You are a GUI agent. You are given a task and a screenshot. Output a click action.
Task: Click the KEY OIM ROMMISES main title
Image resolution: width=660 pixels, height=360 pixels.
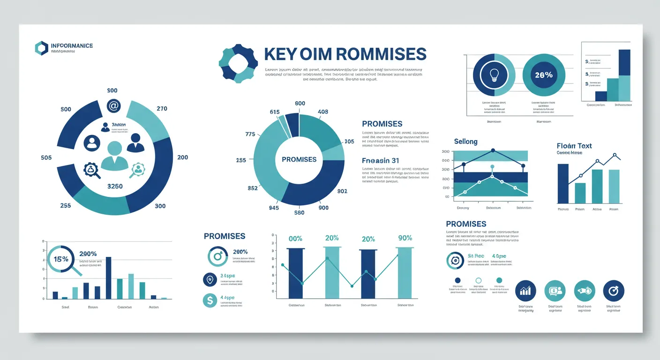pyautogui.click(x=345, y=54)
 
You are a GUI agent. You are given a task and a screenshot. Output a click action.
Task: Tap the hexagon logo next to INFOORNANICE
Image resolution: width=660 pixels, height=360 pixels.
pyautogui.click(x=41, y=48)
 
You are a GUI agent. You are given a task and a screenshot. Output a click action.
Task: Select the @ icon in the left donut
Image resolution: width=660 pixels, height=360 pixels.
pyautogui.click(x=113, y=106)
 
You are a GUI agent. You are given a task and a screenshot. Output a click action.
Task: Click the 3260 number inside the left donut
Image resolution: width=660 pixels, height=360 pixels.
pyautogui.click(x=115, y=186)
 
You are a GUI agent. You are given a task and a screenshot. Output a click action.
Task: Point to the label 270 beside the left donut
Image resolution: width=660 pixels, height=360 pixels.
pyautogui.click(x=162, y=109)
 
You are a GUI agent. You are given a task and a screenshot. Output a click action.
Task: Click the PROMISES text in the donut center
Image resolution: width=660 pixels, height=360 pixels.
pyautogui.click(x=299, y=159)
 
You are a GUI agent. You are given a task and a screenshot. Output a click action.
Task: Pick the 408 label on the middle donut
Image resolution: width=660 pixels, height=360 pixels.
pyautogui.click(x=323, y=112)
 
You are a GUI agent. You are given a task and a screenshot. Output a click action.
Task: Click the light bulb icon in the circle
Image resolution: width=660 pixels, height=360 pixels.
pyautogui.click(x=494, y=75)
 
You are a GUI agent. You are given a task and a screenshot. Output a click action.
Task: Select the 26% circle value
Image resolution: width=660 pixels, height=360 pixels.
pyautogui.click(x=543, y=75)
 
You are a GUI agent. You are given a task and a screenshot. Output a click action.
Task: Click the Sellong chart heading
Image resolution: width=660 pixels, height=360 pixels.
pyautogui.click(x=465, y=142)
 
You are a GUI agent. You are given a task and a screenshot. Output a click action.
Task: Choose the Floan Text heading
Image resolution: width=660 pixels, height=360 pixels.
pyautogui.click(x=574, y=146)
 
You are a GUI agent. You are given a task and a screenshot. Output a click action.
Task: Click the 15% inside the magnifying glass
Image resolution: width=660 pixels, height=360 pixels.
pyautogui.click(x=61, y=259)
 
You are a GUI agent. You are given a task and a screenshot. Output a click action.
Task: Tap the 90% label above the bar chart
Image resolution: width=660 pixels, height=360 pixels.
pyautogui.click(x=405, y=238)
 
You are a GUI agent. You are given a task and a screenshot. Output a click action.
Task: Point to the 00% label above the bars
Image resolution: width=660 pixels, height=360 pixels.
pyautogui.click(x=295, y=239)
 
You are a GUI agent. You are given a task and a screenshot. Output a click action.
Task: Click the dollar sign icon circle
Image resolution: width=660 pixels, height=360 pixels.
pyautogui.click(x=210, y=300)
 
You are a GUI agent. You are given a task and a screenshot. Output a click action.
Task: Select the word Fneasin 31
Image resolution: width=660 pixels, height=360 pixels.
pyautogui.click(x=381, y=161)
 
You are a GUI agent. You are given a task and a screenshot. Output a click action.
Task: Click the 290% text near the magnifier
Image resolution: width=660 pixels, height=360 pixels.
pyautogui.click(x=88, y=254)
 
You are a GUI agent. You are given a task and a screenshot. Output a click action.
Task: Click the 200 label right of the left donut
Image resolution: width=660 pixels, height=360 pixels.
pyautogui.click(x=182, y=157)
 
